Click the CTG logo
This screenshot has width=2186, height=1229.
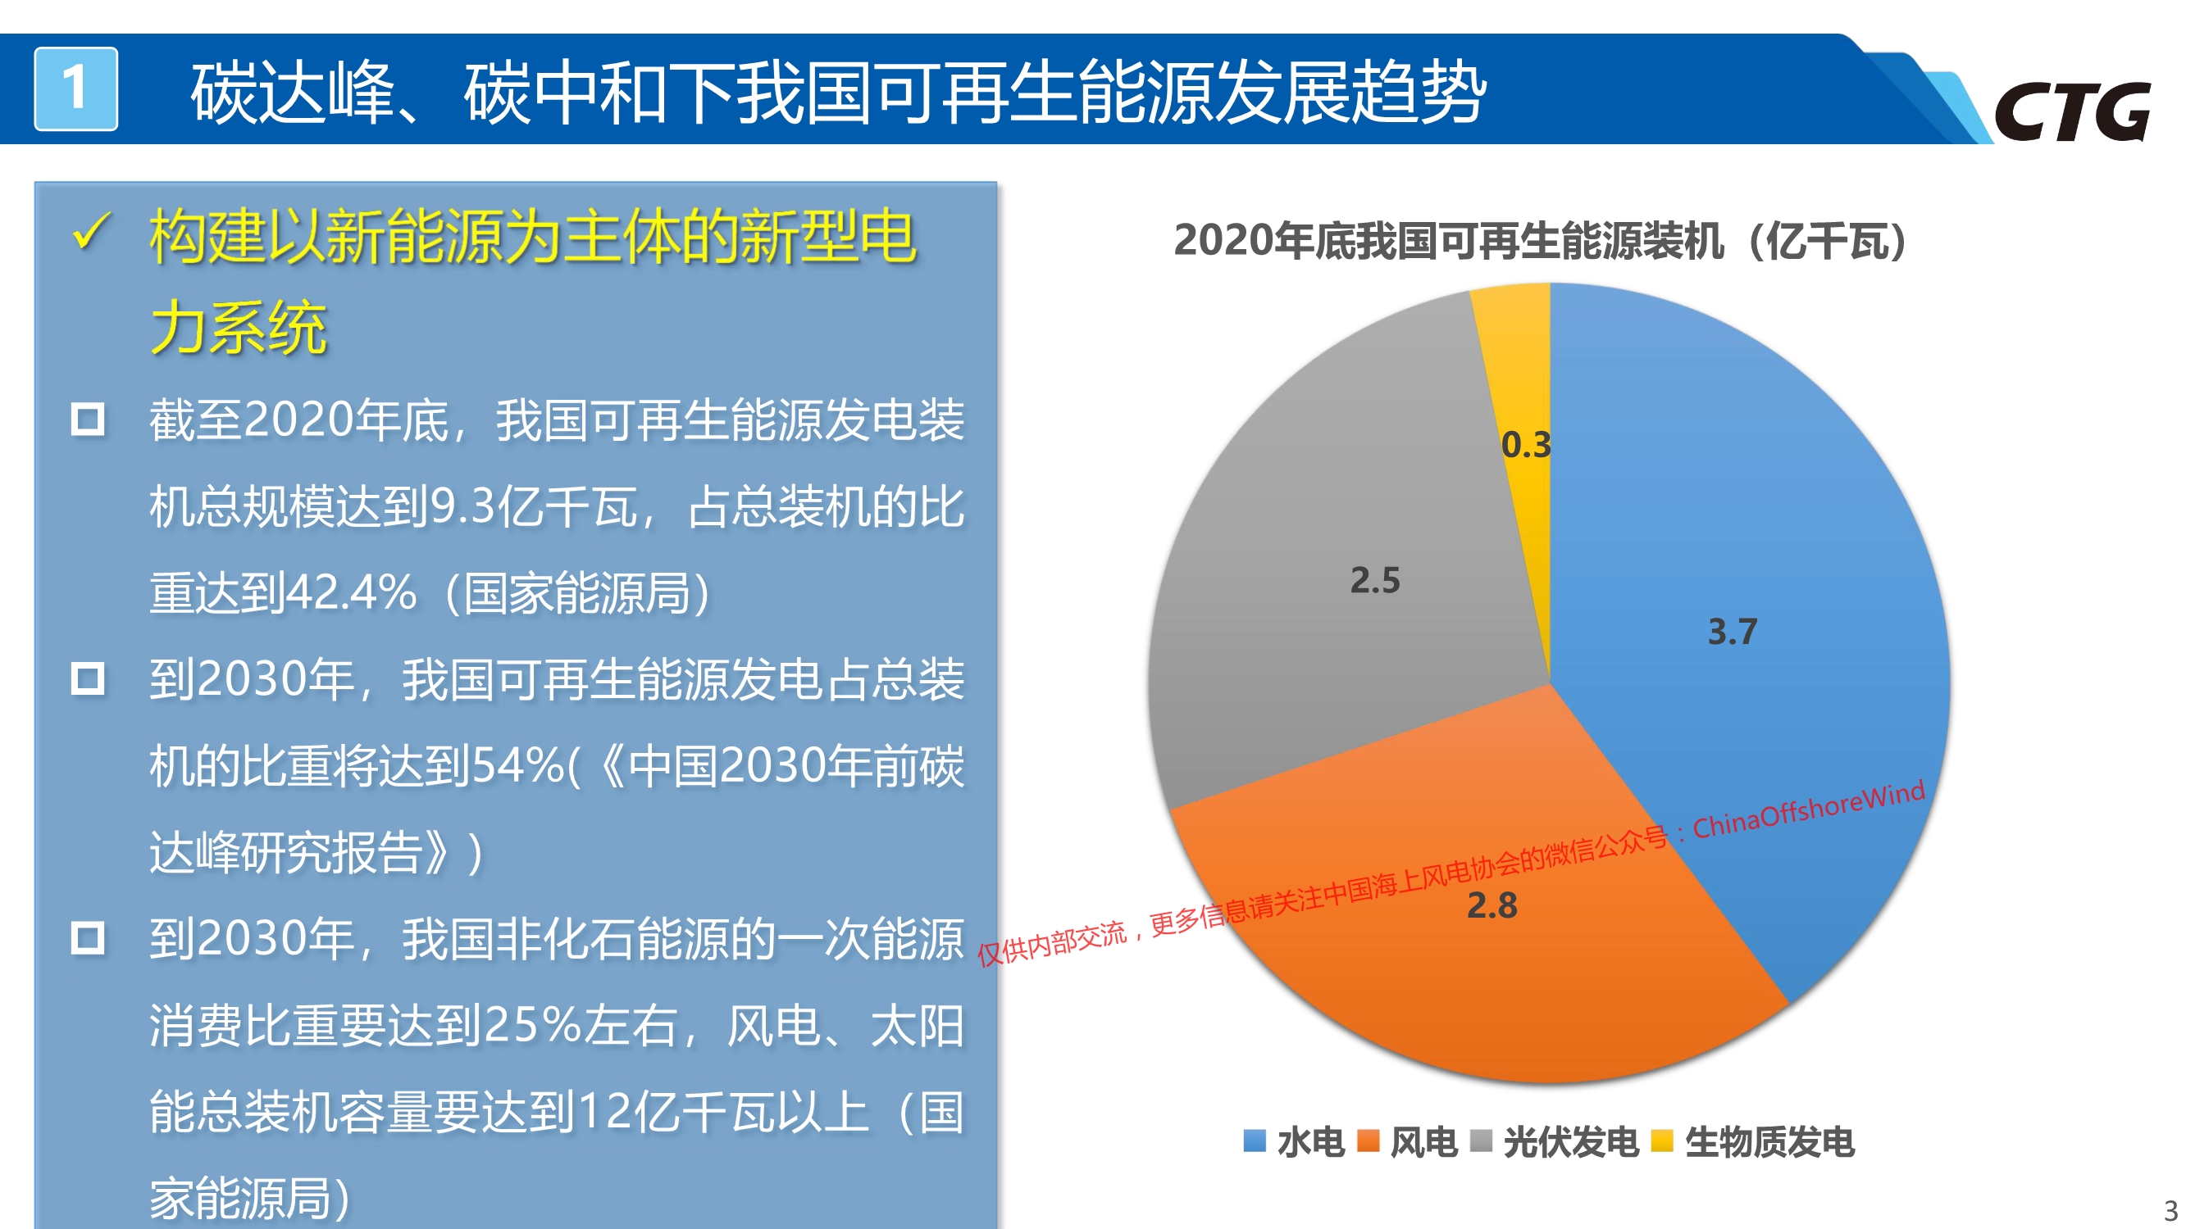coord(2071,111)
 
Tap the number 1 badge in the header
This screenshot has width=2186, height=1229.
coord(75,88)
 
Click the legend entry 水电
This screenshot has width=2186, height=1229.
coord(1294,1141)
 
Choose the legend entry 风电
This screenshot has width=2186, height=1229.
coord(1407,1141)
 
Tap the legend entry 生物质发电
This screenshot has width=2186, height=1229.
coord(1753,1141)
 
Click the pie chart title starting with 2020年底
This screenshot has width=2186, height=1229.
coord(1540,241)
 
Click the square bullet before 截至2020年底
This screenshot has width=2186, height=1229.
coord(88,419)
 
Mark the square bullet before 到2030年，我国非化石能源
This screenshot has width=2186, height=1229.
coord(88,938)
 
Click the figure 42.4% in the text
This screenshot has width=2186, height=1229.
coord(350,593)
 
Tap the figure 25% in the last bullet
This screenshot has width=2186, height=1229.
coord(533,1025)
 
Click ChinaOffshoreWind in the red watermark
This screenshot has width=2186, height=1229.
coord(1809,810)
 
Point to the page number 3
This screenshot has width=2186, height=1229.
coord(2170,1210)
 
